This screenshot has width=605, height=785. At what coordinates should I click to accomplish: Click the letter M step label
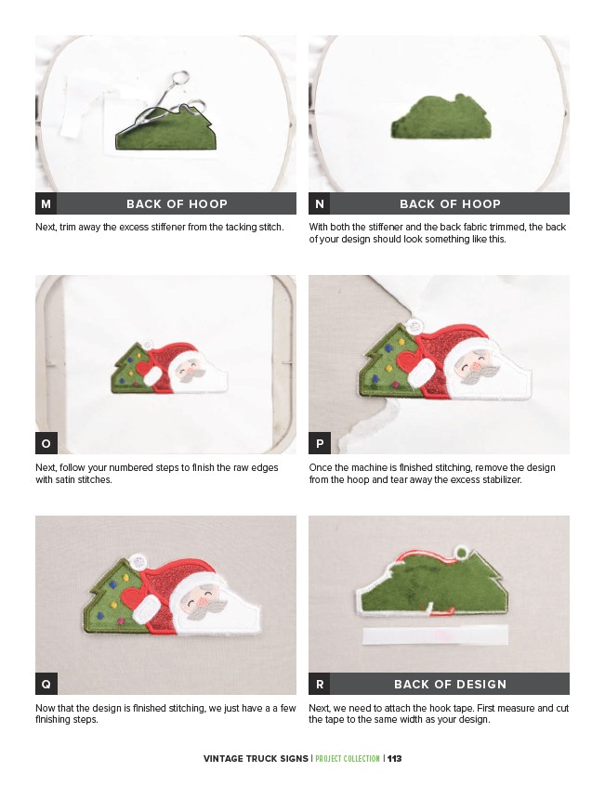46,203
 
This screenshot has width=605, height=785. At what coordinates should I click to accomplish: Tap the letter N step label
320,203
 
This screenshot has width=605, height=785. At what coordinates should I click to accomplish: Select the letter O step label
46,443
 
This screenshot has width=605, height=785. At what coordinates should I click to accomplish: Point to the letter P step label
320,443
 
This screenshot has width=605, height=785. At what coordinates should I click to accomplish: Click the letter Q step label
46,684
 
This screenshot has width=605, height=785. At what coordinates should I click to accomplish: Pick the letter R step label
320,684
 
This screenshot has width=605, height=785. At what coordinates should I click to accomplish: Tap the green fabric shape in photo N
441,118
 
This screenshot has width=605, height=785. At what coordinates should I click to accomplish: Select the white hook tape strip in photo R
435,635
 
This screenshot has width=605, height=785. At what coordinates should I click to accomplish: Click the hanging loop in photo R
461,553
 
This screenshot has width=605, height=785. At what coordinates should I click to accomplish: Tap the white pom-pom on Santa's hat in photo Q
138,562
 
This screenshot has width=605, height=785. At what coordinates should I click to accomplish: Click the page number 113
395,758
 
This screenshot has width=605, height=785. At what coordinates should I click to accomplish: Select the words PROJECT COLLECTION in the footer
348,758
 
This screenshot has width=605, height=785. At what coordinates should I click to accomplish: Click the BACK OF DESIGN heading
450,684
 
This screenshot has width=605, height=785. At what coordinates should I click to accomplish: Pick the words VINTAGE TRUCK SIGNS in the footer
256,758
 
